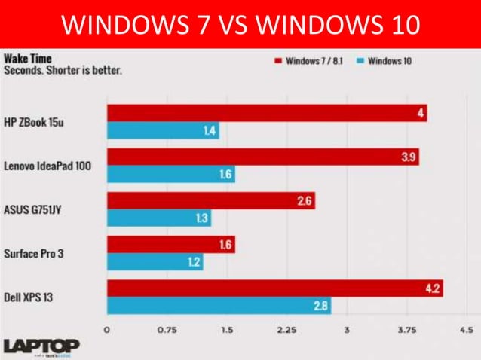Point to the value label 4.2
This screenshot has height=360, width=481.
[x=432, y=288]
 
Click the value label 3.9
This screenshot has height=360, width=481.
[x=408, y=157]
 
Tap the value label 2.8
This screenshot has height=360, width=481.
[x=319, y=306]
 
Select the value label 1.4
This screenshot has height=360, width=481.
[x=210, y=131]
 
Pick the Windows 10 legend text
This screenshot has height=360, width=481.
[x=390, y=60]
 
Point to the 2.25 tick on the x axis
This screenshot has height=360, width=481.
[x=286, y=329]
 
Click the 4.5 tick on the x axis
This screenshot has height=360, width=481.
[x=466, y=329]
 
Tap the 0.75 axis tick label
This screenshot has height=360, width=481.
[x=167, y=329]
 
